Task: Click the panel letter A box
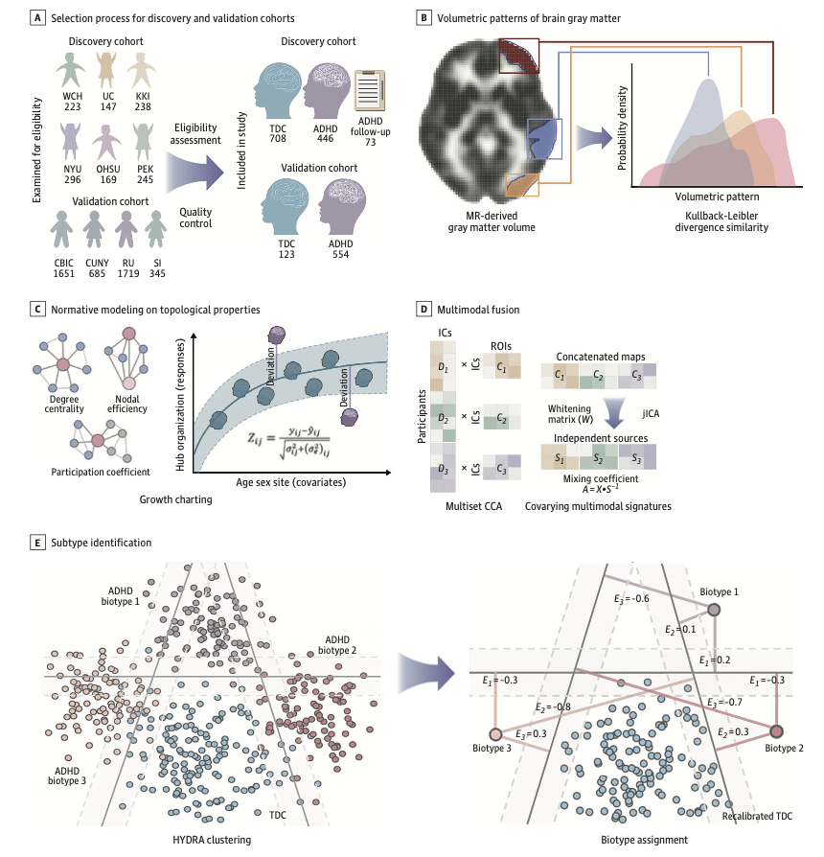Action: pos(38,18)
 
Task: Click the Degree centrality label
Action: pos(64,404)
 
